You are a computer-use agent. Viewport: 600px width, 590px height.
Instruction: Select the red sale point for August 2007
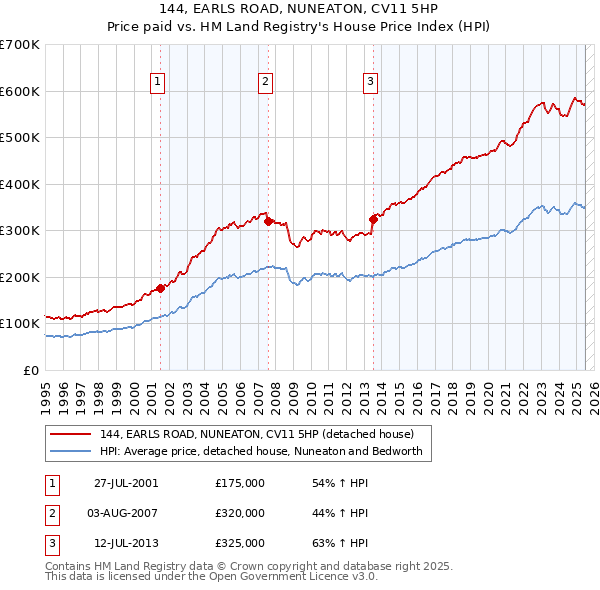coord(268,222)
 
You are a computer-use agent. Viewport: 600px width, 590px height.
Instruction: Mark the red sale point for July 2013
coord(373,219)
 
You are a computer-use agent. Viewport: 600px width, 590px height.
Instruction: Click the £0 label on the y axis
coord(30,370)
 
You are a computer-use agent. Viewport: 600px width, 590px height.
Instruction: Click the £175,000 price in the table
coord(240,483)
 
